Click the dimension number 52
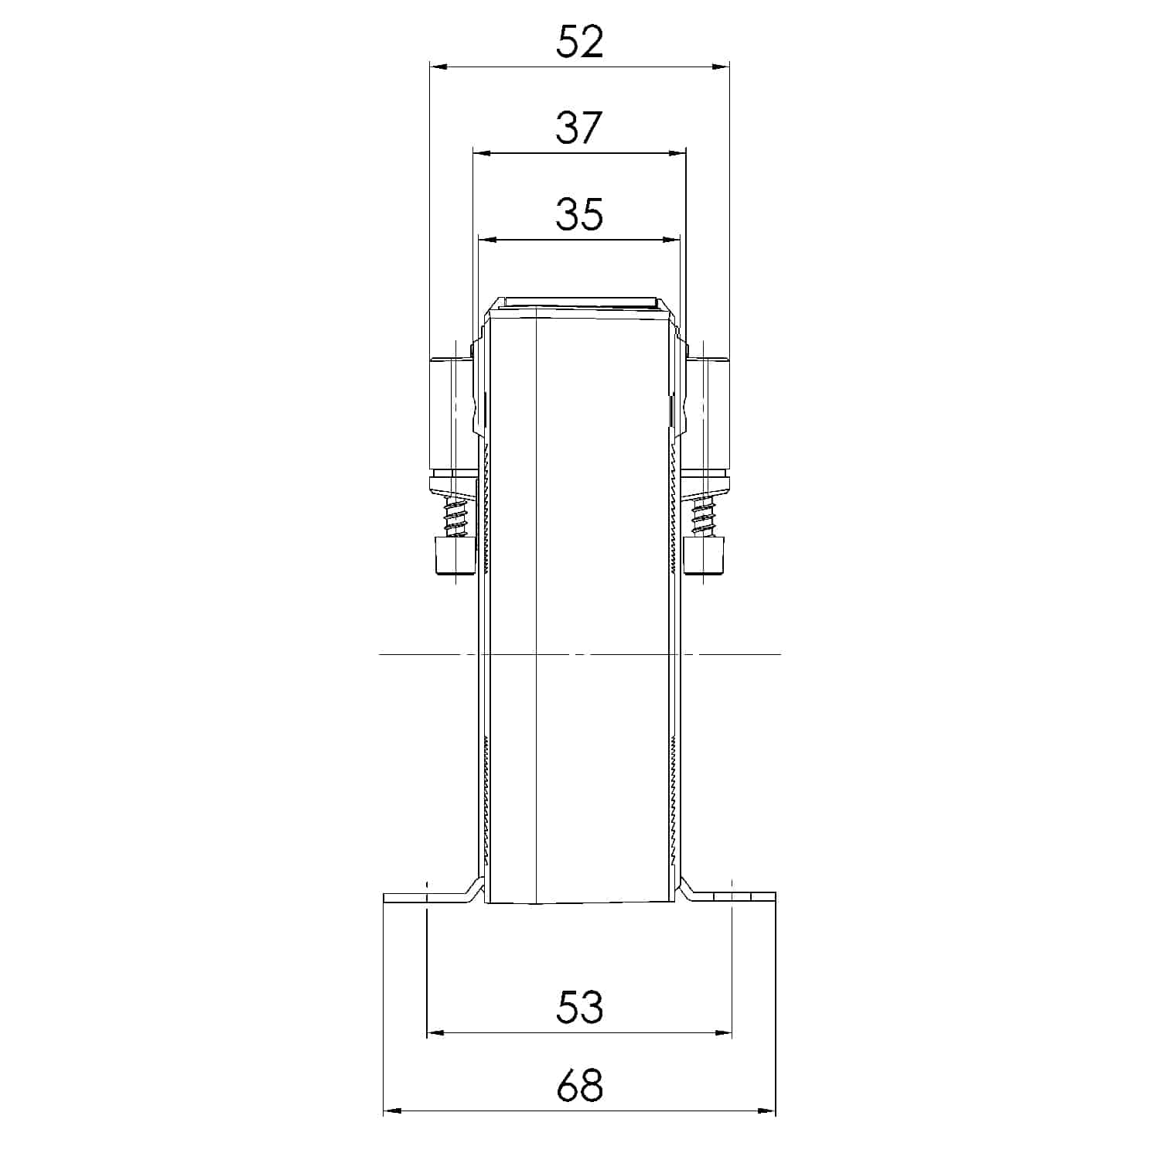tap(579, 42)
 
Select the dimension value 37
tap(579, 128)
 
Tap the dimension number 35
tap(579, 214)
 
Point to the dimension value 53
tap(579, 1007)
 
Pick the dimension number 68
tap(579, 1086)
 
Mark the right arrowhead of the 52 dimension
tap(721, 67)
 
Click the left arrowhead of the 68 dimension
tap(392, 1112)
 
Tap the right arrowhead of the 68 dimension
tap(766, 1112)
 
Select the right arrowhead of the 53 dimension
tap(723, 1032)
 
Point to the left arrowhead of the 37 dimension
tap(481, 153)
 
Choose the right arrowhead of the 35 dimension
tap(670, 240)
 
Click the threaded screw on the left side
tap(455, 517)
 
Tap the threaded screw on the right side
tap(705, 517)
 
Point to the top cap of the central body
tap(579, 302)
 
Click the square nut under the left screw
tap(455, 556)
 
